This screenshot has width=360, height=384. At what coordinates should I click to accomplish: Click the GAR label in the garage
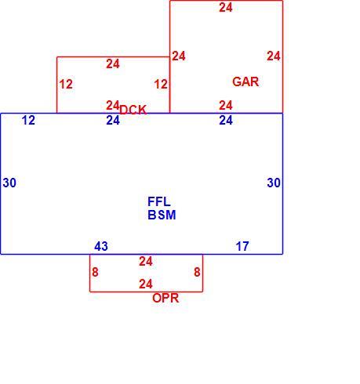(245, 82)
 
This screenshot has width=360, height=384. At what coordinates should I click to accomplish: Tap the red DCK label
(133, 110)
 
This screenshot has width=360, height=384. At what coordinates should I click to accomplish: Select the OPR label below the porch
(165, 298)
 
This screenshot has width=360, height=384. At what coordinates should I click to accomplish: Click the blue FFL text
(159, 201)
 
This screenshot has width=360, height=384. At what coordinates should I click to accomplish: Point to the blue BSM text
(162, 215)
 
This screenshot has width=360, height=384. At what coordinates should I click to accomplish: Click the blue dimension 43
(101, 246)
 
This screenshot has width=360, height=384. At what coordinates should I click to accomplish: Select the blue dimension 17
(242, 246)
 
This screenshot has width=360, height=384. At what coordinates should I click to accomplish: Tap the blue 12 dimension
(28, 121)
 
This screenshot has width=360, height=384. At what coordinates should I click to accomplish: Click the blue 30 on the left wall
(9, 183)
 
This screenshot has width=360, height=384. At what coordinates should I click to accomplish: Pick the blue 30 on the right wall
(274, 183)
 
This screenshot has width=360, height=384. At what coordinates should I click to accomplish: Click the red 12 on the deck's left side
(66, 85)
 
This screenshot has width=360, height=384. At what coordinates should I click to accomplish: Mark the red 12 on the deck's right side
(161, 85)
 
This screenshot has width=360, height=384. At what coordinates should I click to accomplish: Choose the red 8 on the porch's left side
(95, 272)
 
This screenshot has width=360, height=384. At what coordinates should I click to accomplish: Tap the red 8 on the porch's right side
(197, 272)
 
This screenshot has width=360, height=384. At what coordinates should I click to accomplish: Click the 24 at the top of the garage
(226, 8)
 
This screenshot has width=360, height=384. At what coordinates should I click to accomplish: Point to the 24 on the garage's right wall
(274, 56)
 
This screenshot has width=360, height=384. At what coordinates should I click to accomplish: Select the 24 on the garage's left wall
(179, 56)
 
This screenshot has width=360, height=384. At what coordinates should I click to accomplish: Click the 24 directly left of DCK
(113, 106)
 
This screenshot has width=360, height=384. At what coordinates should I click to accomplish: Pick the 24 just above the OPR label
(146, 284)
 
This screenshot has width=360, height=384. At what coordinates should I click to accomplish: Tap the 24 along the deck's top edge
(113, 64)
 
